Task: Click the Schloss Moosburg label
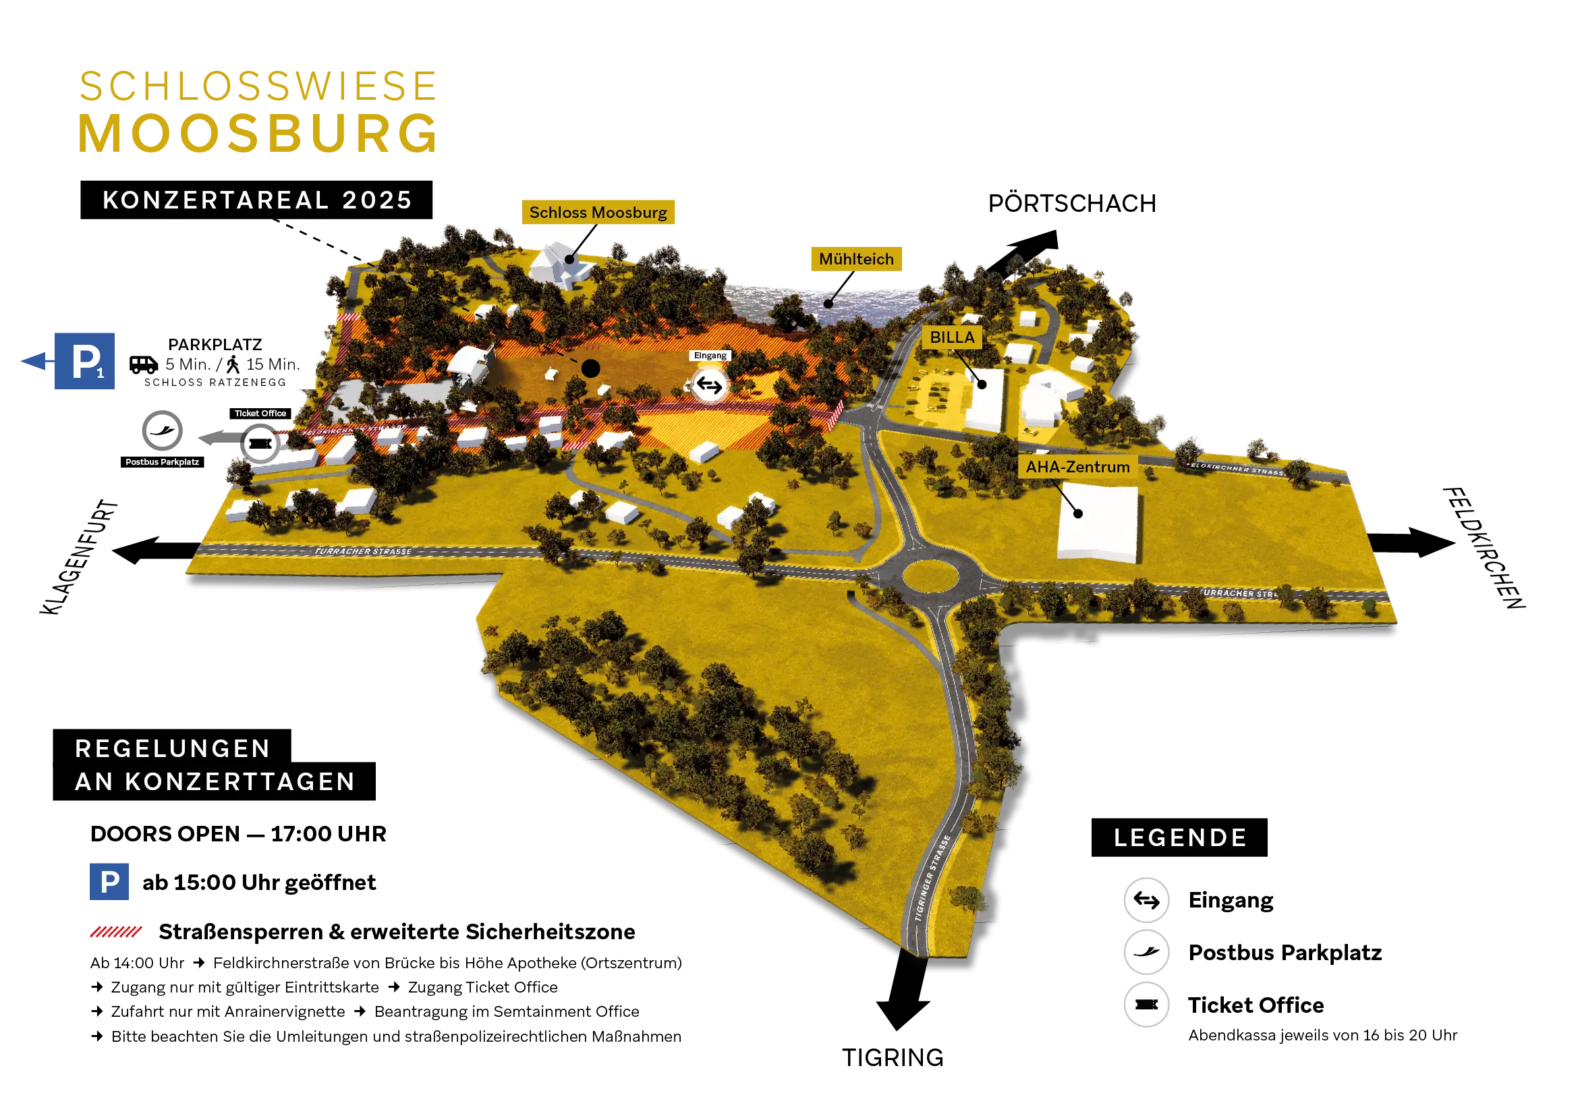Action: pos(598,213)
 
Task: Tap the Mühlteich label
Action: pos(856,259)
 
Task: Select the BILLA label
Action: pos(952,337)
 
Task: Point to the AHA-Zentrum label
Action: pos(1077,468)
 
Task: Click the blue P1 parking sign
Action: pos(84,361)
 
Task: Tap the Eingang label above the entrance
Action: pos(710,356)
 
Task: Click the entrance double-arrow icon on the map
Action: pos(709,385)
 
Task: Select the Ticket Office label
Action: pos(260,413)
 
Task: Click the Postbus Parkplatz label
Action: pos(162,462)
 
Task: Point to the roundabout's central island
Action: pos(930,575)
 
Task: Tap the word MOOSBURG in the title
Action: pos(256,134)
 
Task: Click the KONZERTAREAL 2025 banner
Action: pos(256,200)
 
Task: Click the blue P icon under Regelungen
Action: pos(108,881)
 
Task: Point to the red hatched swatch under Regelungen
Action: pos(116,931)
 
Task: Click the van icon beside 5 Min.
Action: pos(144,364)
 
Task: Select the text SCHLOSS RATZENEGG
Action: pos(215,383)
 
